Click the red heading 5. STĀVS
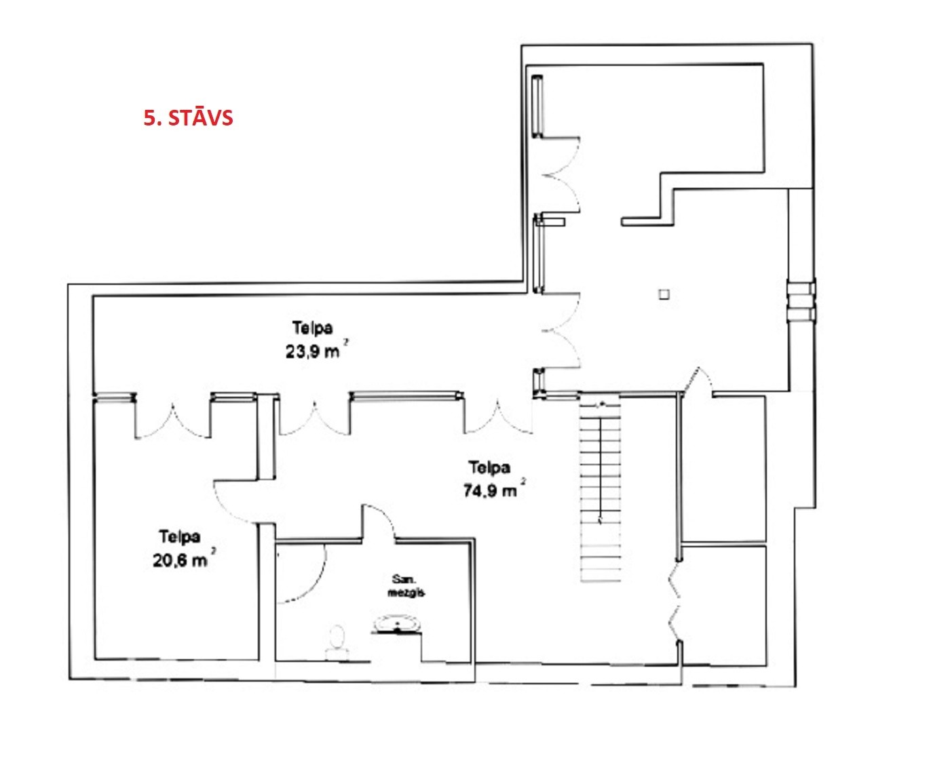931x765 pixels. pyautogui.click(x=188, y=118)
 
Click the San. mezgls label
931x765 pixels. pyautogui.click(x=406, y=587)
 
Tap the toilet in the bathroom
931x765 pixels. pyautogui.click(x=338, y=642)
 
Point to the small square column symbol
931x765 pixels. pyautogui.click(x=664, y=294)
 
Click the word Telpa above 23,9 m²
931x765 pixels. pyautogui.click(x=313, y=328)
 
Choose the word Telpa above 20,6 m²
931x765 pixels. pyautogui.click(x=180, y=536)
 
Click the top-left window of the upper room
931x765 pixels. pyautogui.click(x=537, y=106)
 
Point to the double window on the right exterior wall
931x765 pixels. pyautogui.click(x=801, y=301)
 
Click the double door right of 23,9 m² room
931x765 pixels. pyautogui.click(x=560, y=330)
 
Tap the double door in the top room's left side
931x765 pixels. pyautogui.click(x=560, y=175)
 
